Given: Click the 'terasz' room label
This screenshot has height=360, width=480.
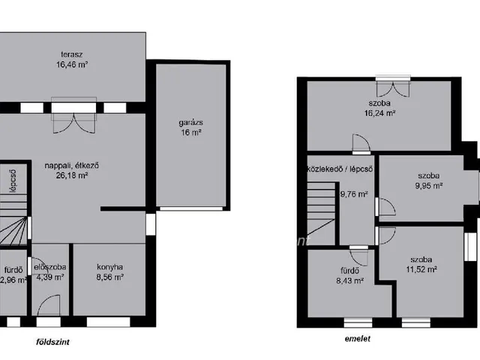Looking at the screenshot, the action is [x=72, y=55].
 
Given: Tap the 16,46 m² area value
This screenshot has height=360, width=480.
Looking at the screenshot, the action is [x=72, y=64].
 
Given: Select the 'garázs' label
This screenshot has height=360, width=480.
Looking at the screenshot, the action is [x=190, y=123].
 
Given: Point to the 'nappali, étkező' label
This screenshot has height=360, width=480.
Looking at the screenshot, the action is [x=72, y=166].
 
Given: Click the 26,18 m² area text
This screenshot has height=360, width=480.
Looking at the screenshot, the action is [x=72, y=175].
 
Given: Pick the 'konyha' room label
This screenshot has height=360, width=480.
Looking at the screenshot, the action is [x=110, y=267].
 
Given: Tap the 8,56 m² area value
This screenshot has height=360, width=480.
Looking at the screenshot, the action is [x=110, y=277].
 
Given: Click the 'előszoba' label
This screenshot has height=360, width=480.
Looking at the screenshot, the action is [x=50, y=267].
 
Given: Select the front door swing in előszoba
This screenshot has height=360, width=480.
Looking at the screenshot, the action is [x=49, y=305].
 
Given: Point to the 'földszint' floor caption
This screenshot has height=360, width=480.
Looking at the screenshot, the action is [x=52, y=342].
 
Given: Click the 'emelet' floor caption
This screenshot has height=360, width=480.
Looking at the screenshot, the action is [x=358, y=338].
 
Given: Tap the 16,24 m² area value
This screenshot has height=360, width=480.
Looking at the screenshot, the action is [x=379, y=113].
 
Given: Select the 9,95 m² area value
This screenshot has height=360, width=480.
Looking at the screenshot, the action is [x=429, y=185].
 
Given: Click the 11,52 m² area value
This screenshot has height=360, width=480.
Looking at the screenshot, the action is [x=421, y=269].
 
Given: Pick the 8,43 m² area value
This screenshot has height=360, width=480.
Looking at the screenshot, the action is [x=350, y=280].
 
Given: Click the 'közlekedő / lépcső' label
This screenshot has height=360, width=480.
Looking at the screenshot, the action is [x=340, y=169].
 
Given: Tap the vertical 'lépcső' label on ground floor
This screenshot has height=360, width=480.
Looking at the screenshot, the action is [x=13, y=181].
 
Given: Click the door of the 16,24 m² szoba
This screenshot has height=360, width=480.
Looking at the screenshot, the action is [x=361, y=143].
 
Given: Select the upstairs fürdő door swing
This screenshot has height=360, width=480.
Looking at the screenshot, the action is [x=358, y=257].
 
